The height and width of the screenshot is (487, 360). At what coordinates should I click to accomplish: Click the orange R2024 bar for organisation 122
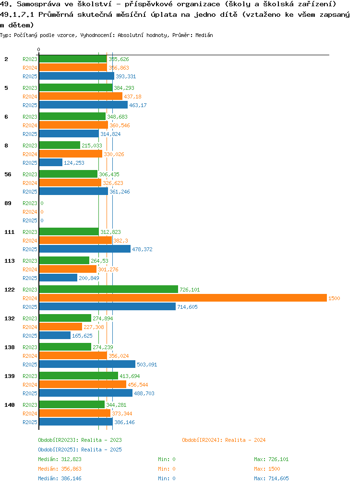[x=182, y=298]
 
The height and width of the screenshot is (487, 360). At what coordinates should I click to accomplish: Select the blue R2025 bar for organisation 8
[x=50, y=163]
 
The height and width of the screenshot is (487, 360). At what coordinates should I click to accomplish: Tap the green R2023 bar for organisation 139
[x=78, y=376]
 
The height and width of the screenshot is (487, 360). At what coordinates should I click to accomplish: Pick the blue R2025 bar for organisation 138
[x=87, y=365]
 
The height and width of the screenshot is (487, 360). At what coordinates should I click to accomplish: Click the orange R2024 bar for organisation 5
[x=81, y=97]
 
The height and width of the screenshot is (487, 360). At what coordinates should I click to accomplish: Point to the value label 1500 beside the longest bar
[x=334, y=298]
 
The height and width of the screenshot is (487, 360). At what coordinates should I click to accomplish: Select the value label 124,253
[x=74, y=163]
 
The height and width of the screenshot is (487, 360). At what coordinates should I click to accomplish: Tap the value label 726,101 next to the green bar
[x=190, y=290]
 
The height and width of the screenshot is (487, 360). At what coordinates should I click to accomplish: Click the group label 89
[x=8, y=203]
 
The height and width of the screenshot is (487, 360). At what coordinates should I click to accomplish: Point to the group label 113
[x=9, y=261]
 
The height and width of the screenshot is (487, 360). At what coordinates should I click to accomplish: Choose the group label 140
[x=9, y=405]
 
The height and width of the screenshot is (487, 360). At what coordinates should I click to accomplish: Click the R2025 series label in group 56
[x=30, y=192]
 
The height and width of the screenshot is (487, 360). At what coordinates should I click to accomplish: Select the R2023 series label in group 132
[x=30, y=318]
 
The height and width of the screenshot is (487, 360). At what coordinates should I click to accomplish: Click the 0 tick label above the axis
[x=38, y=49]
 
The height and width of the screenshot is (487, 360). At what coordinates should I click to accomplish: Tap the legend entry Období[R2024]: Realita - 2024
[x=224, y=440]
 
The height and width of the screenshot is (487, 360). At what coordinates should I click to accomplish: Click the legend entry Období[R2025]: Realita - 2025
[x=80, y=450]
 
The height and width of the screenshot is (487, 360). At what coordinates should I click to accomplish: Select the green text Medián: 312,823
[x=60, y=459]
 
